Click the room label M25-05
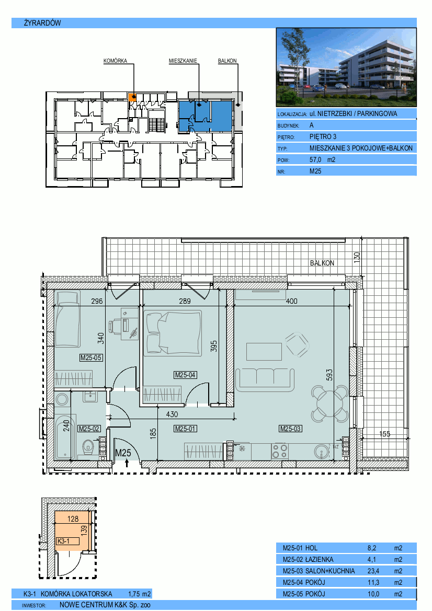[91, 358]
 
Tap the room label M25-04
[185, 375]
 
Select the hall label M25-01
[185, 429]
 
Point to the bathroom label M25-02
[89, 429]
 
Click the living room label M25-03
[290, 429]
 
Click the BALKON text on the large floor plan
[322, 263]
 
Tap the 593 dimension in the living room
[329, 375]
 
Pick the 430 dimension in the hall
[172, 414]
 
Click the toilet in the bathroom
[88, 446]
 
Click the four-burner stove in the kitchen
[280, 451]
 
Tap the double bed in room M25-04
[173, 333]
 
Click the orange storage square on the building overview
[132, 97]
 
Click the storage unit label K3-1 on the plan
[63, 541]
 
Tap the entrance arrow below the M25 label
[127, 463]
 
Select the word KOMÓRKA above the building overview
[116, 61]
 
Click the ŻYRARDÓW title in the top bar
[42, 23]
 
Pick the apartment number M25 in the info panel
[315, 171]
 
